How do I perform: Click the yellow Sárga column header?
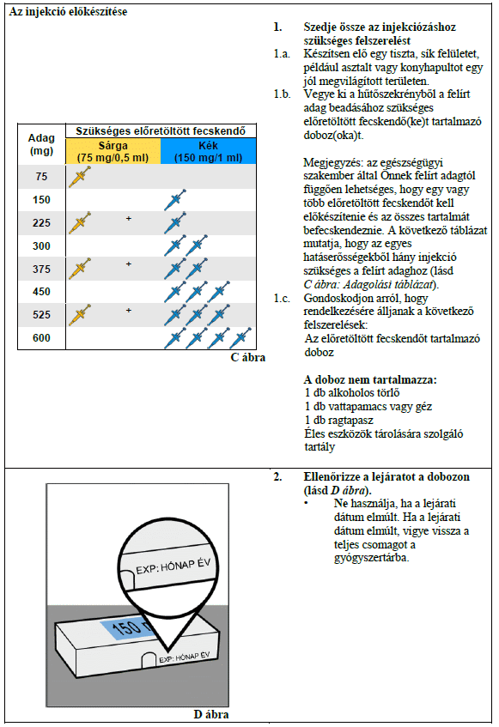(x=113, y=151)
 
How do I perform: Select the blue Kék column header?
(x=208, y=151)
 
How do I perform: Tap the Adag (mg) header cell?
(x=41, y=144)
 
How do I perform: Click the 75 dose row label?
(x=41, y=177)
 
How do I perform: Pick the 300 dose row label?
(x=41, y=245)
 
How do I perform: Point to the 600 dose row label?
(x=41, y=337)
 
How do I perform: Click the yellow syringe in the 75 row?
(x=80, y=177)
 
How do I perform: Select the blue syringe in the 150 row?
(x=175, y=200)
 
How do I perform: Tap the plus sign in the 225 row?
(x=129, y=218)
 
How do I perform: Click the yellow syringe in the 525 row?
(x=80, y=315)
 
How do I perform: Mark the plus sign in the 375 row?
(x=129, y=264)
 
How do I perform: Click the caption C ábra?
(x=248, y=357)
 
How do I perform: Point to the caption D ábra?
(x=211, y=714)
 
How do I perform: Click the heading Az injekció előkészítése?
(x=68, y=12)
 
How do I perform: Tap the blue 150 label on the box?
(x=125, y=628)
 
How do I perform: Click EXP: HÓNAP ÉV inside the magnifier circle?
(x=173, y=566)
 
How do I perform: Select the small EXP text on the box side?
(x=184, y=657)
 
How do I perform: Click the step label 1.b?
(x=282, y=94)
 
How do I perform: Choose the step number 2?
(x=277, y=476)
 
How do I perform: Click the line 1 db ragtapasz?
(x=339, y=420)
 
